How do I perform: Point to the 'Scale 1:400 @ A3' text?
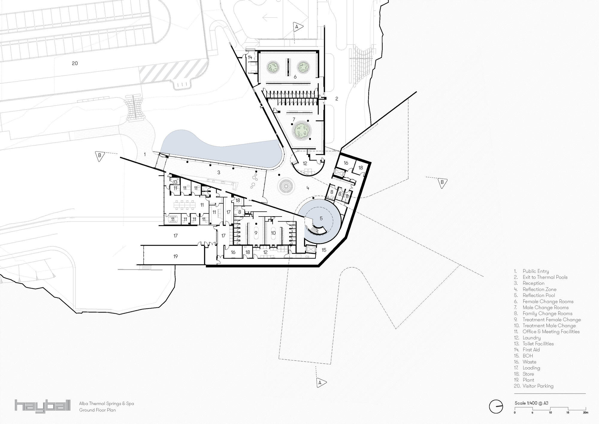click(x=532, y=403)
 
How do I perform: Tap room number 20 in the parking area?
click(x=75, y=63)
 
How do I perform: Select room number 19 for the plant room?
click(x=176, y=256)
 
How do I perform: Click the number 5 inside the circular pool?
click(x=321, y=219)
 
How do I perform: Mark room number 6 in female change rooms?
click(x=295, y=77)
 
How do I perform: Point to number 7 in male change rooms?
click(x=294, y=120)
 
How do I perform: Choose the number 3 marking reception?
click(x=219, y=172)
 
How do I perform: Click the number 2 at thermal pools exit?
click(x=337, y=99)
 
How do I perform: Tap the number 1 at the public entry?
click(x=145, y=154)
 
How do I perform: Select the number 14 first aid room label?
click(x=250, y=57)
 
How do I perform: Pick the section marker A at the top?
click(x=297, y=27)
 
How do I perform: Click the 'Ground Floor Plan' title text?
click(x=97, y=410)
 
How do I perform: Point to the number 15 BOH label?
click(x=324, y=250)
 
